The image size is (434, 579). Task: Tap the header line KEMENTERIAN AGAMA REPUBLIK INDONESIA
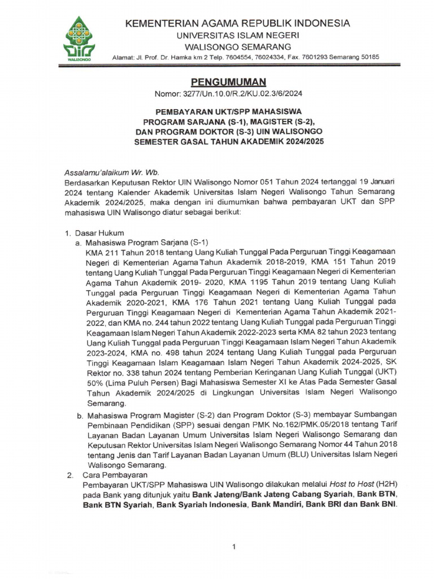coord(237,23)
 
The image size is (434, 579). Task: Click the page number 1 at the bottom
coord(233,546)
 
